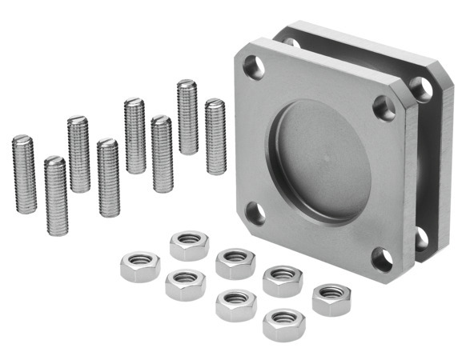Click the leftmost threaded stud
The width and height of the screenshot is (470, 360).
point(24,174)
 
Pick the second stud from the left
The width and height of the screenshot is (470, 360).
point(55,195)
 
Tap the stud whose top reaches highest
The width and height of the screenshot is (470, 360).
point(187,117)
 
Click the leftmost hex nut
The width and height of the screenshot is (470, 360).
point(139,266)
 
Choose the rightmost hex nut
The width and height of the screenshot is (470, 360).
point(331,298)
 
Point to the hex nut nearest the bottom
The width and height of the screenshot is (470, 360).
point(283,324)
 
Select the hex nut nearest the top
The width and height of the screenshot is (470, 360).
point(189,244)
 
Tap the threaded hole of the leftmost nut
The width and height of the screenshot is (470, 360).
point(139,262)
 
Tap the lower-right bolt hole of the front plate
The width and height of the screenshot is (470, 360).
point(382,258)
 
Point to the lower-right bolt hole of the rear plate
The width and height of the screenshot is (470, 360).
point(421,237)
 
